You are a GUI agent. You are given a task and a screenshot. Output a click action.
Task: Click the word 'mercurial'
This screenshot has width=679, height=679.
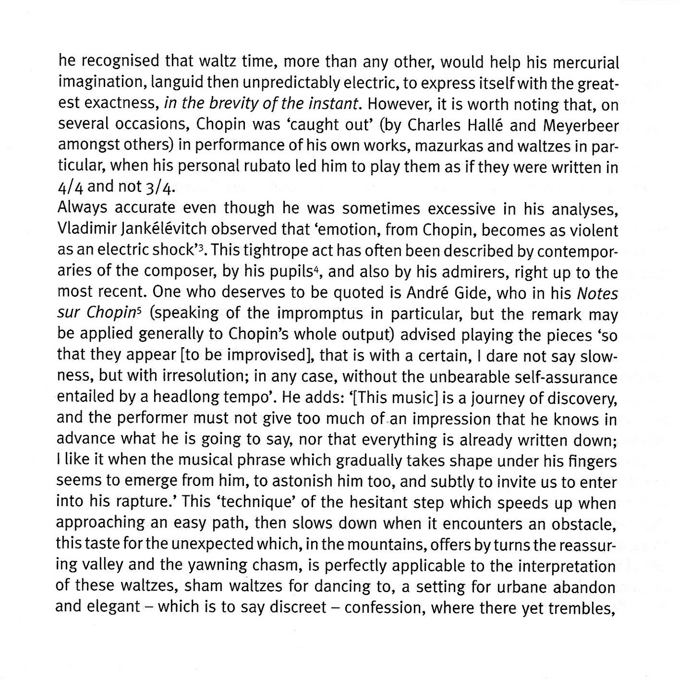tap(585, 63)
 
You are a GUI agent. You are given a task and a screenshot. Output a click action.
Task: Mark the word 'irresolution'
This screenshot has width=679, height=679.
tap(198, 377)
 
